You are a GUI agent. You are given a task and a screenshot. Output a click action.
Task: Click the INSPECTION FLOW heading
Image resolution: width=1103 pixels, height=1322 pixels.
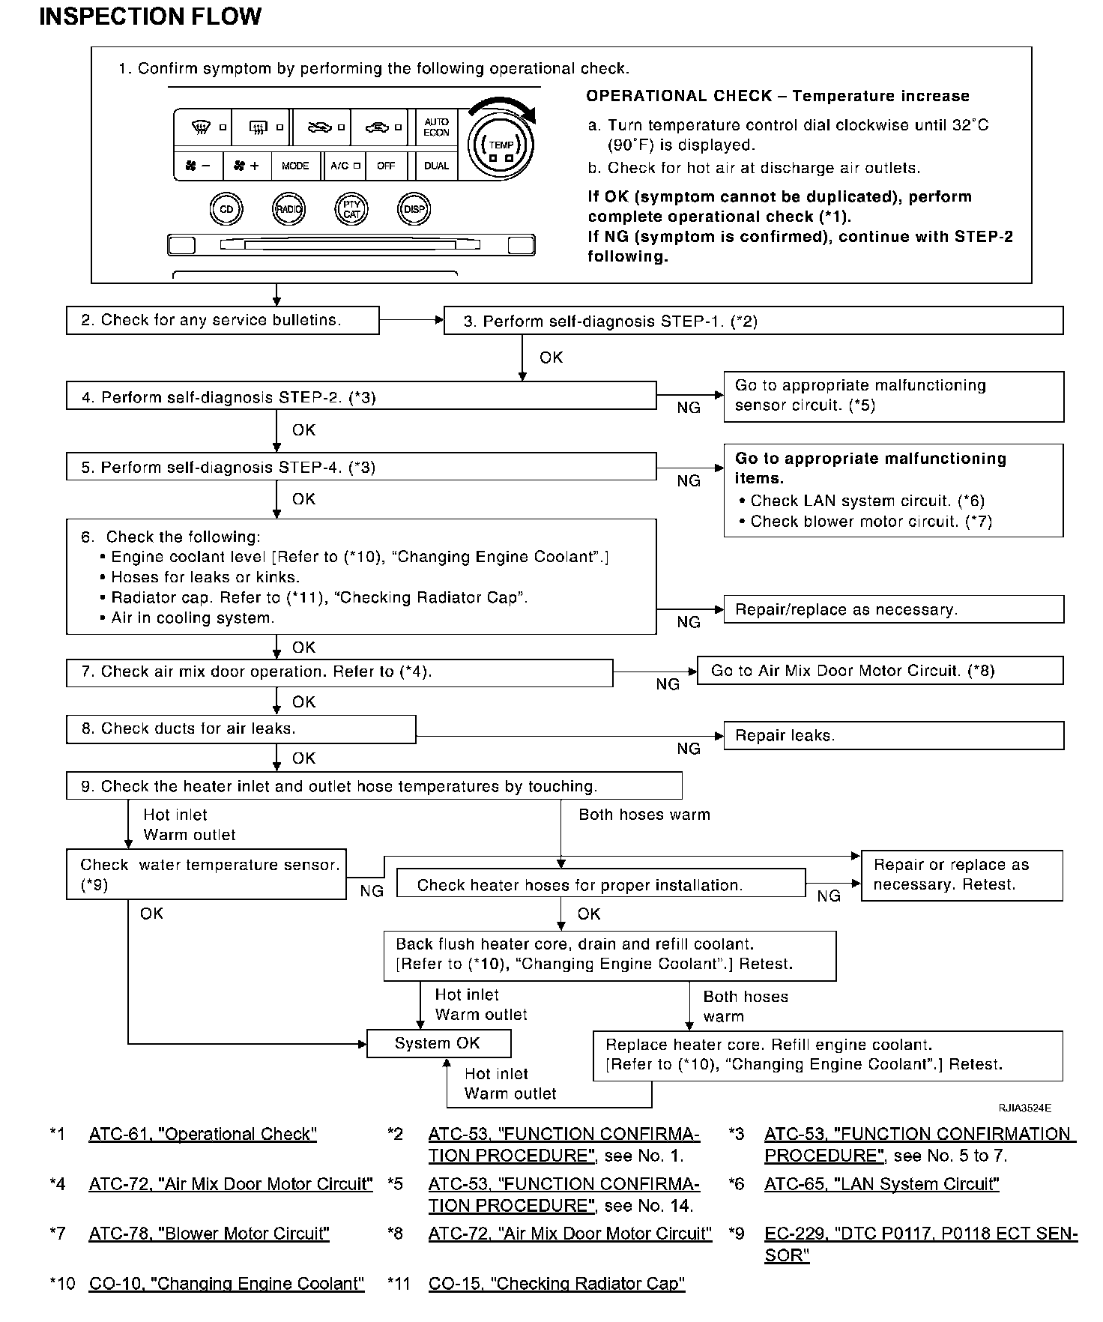pyautogui.click(x=150, y=16)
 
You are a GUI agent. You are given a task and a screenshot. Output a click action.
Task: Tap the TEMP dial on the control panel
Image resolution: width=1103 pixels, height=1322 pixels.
pyautogui.click(x=501, y=144)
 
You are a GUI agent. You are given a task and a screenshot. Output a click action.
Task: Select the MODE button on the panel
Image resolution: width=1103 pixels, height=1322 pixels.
pyautogui.click(x=295, y=166)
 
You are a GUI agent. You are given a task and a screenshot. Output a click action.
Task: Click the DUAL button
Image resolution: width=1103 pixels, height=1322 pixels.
pyautogui.click(x=436, y=166)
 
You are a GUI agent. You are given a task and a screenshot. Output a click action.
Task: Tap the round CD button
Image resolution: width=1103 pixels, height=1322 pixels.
pyautogui.click(x=226, y=210)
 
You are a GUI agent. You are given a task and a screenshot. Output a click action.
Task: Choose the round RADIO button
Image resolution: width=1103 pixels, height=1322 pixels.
pyautogui.click(x=288, y=210)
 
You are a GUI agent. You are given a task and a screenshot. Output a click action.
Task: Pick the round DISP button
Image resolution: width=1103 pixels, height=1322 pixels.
pyautogui.click(x=414, y=210)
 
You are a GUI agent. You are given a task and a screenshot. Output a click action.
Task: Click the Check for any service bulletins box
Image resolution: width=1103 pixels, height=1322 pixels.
pyautogui.click(x=222, y=321)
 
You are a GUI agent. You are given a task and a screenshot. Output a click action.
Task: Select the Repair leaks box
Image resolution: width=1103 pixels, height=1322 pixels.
pyautogui.click(x=893, y=736)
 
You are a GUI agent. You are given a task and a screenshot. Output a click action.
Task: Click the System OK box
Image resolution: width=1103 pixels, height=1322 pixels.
pyautogui.click(x=438, y=1043)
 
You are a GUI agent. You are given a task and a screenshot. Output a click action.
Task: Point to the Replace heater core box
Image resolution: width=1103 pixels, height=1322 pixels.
pyautogui.click(x=827, y=1055)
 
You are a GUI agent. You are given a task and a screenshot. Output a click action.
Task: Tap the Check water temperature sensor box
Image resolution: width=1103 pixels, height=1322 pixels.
pyautogui.click(x=206, y=875)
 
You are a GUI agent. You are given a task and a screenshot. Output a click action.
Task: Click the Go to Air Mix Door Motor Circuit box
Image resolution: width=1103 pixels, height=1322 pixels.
pyautogui.click(x=880, y=671)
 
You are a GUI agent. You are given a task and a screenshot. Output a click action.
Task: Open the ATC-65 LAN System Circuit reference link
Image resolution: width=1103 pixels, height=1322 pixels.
pyautogui.click(x=882, y=1184)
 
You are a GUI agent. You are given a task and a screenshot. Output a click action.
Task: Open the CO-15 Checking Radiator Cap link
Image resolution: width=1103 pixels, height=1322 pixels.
pyautogui.click(x=557, y=1284)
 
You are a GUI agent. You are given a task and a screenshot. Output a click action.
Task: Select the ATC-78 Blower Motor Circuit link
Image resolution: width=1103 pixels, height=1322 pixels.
pyautogui.click(x=209, y=1234)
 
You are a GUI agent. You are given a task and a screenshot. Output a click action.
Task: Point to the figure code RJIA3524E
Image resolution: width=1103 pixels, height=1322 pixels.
pyautogui.click(x=1024, y=1108)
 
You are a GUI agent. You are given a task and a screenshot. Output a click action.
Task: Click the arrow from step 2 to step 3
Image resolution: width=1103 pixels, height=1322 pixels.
pyautogui.click(x=411, y=321)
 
